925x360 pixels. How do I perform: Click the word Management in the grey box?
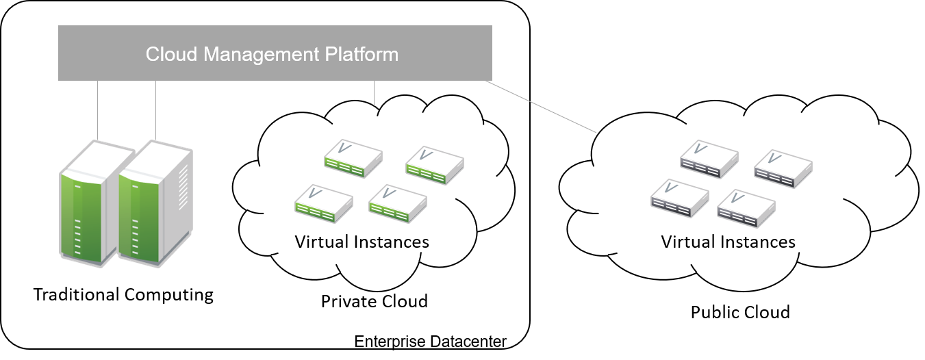(x=273, y=54)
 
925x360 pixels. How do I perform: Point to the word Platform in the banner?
(x=364, y=54)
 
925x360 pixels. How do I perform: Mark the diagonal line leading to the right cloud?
(x=541, y=106)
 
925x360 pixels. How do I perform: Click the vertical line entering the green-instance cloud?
(x=375, y=94)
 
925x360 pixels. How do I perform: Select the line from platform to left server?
(x=98, y=110)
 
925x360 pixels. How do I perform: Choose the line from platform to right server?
(x=156, y=110)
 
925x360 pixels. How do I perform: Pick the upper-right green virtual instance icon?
(x=434, y=165)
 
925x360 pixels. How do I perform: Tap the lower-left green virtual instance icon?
(x=323, y=203)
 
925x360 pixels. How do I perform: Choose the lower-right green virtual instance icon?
(x=397, y=203)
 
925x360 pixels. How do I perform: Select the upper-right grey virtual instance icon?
(x=783, y=168)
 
